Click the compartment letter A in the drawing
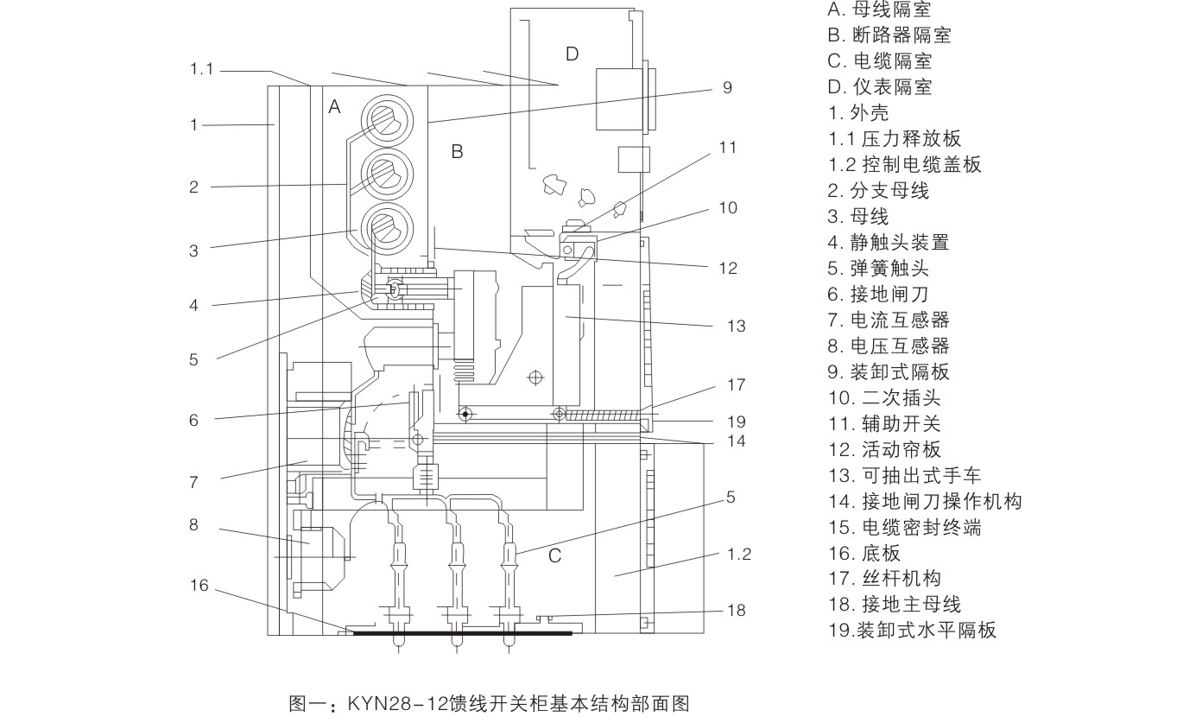[x=335, y=107]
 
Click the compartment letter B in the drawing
[x=458, y=152]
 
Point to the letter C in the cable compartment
[x=555, y=556]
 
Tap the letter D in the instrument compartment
[x=572, y=54]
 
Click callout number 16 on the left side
[x=199, y=586]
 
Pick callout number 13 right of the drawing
[x=736, y=326]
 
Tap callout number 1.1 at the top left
[x=201, y=69]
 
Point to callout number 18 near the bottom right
[x=736, y=610]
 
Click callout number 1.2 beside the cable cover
[x=740, y=554]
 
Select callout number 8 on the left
[x=193, y=524]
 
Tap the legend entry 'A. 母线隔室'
[x=879, y=10]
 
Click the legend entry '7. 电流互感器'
[x=889, y=320]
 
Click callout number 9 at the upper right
[x=727, y=86]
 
